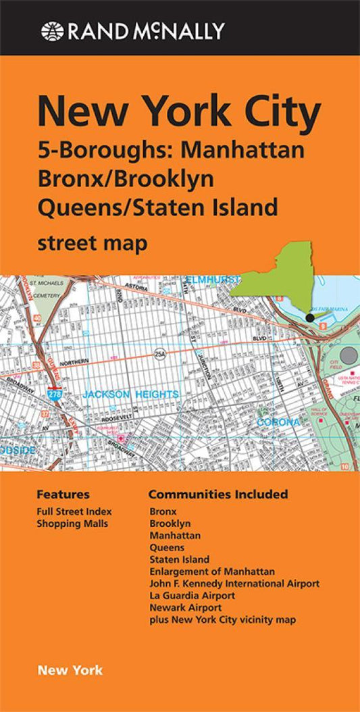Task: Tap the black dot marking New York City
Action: [309, 317]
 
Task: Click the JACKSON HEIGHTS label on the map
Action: [130, 394]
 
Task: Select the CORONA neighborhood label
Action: [278, 423]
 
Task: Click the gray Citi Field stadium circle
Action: [349, 355]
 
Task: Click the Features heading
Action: [63, 494]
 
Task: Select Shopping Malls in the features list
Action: [72, 523]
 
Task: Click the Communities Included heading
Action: [218, 494]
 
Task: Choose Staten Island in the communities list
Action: [179, 559]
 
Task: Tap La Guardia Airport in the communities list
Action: [192, 595]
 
